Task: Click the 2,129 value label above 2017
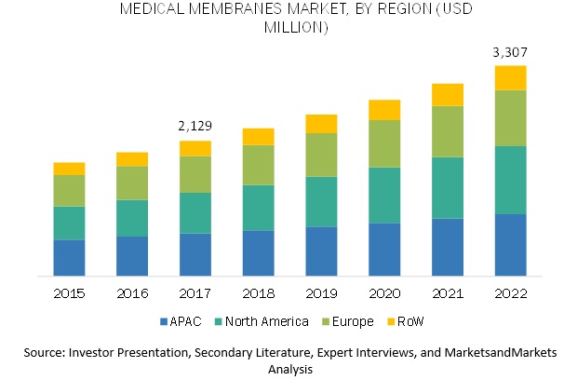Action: [x=195, y=126]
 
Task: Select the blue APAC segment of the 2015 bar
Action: [x=69, y=257]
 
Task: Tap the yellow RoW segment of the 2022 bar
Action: [x=510, y=77]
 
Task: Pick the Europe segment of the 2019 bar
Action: [x=321, y=155]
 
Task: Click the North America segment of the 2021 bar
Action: [x=447, y=187]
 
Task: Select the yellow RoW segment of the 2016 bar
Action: [x=132, y=158]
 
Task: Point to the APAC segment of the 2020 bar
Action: [x=384, y=249]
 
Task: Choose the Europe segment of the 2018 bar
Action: [x=258, y=165]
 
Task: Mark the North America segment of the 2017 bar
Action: [x=195, y=212]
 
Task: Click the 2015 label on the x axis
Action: [x=69, y=292]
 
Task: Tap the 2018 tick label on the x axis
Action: [x=258, y=292]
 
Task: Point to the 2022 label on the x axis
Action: [x=510, y=292]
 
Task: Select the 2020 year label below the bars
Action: [x=384, y=292]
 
